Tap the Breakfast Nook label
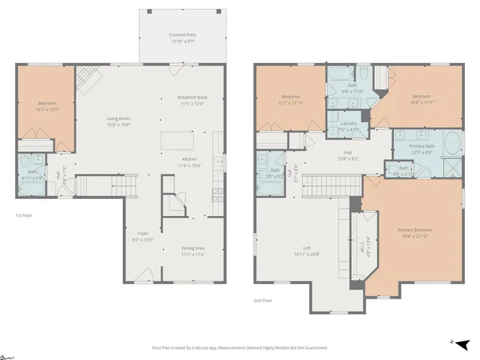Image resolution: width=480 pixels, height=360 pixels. (x=193, y=100)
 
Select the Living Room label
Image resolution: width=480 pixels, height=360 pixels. (x=119, y=121)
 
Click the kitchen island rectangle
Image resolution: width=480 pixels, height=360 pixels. (x=176, y=140)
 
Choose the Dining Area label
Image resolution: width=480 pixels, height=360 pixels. (x=193, y=251)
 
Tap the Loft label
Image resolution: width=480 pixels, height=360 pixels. (x=307, y=251)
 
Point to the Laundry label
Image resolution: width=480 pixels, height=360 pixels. (x=348, y=126)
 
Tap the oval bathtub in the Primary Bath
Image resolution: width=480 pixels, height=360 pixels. (x=454, y=142)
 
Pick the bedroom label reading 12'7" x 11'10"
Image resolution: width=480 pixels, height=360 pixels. (x=291, y=100)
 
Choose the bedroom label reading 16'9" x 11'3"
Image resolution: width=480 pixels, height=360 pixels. (x=421, y=99)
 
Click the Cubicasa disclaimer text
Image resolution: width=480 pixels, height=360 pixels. (x=240, y=348)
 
